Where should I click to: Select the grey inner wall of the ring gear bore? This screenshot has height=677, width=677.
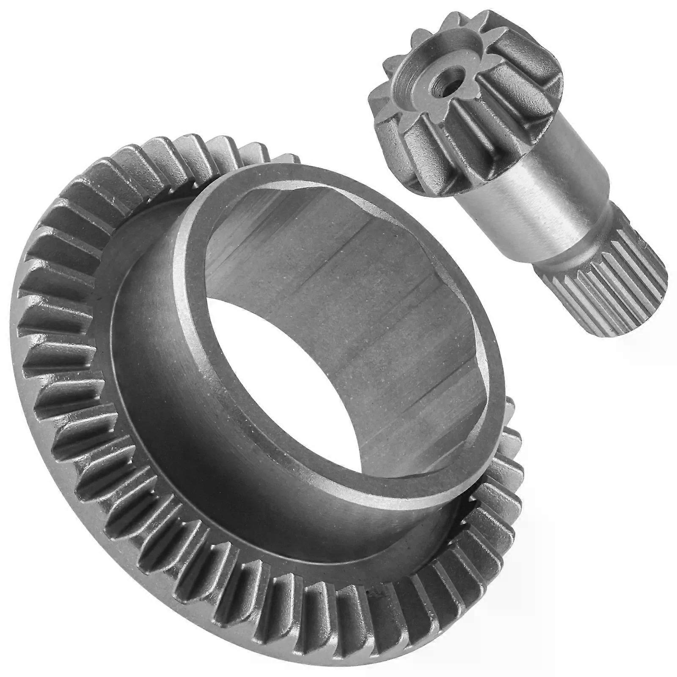point(360,296)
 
